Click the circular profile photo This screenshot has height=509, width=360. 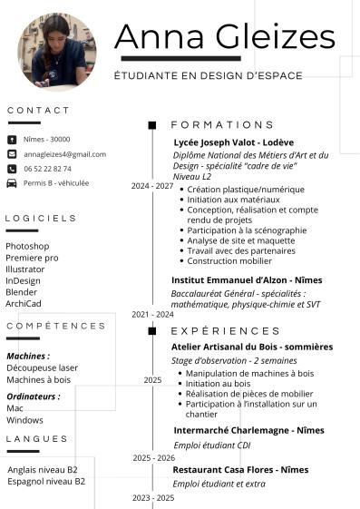click(x=56, y=52)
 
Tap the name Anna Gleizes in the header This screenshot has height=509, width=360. click(x=224, y=36)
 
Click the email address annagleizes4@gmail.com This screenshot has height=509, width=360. click(x=64, y=154)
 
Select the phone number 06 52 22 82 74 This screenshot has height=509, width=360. click(x=47, y=169)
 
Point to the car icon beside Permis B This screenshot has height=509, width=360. click(x=11, y=182)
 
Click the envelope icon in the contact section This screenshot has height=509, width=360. click(x=11, y=154)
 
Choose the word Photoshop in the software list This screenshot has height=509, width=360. click(x=27, y=246)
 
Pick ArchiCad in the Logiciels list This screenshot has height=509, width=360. click(x=24, y=304)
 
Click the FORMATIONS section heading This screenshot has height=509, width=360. click(x=222, y=124)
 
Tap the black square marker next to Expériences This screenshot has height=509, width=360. click(x=152, y=331)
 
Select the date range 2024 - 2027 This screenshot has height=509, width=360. click(x=151, y=186)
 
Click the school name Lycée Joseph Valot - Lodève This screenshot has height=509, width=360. click(x=233, y=142)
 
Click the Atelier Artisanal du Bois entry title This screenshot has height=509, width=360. click(x=252, y=347)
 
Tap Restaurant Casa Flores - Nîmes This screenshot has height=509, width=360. click(x=240, y=470)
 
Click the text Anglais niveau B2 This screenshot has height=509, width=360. click(x=43, y=469)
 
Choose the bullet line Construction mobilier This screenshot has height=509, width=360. click(x=230, y=261)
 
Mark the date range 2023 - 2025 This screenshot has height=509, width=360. click(x=152, y=498)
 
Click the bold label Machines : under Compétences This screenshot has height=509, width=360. click(x=28, y=356)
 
